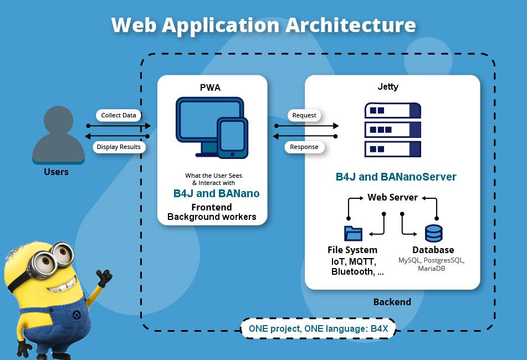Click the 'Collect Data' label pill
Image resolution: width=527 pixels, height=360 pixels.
pyautogui.click(x=118, y=115)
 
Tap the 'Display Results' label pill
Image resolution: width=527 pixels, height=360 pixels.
pyautogui.click(x=119, y=147)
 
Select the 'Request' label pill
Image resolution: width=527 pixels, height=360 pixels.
pyautogui.click(x=304, y=115)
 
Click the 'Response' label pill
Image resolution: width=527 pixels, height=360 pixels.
pyautogui.click(x=304, y=147)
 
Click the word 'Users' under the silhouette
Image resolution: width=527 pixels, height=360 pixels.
pyautogui.click(x=56, y=172)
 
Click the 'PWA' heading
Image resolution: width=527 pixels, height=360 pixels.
pyautogui.click(x=212, y=88)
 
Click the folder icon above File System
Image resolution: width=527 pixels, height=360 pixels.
pyautogui.click(x=352, y=233)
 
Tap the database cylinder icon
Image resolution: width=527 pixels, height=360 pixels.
pyautogui.click(x=433, y=233)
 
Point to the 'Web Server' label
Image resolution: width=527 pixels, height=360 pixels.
pyautogui.click(x=392, y=197)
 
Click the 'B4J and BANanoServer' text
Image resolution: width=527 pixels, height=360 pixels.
pyautogui.click(x=396, y=177)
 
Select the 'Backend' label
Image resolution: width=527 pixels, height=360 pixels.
pyautogui.click(x=392, y=302)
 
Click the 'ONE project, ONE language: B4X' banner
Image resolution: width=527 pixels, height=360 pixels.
pyautogui.click(x=318, y=328)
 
